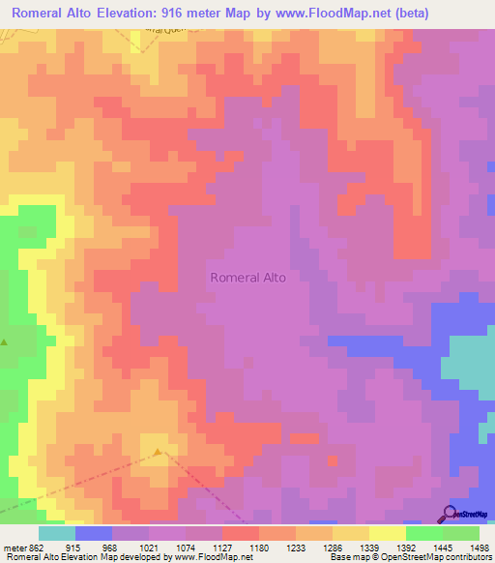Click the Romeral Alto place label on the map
click(x=247, y=278)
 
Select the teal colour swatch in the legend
click(x=57, y=533)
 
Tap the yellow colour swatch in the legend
click(x=388, y=533)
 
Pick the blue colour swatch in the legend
click(x=94, y=533)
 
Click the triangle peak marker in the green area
click(x=4, y=341)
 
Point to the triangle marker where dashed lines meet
click(x=159, y=452)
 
